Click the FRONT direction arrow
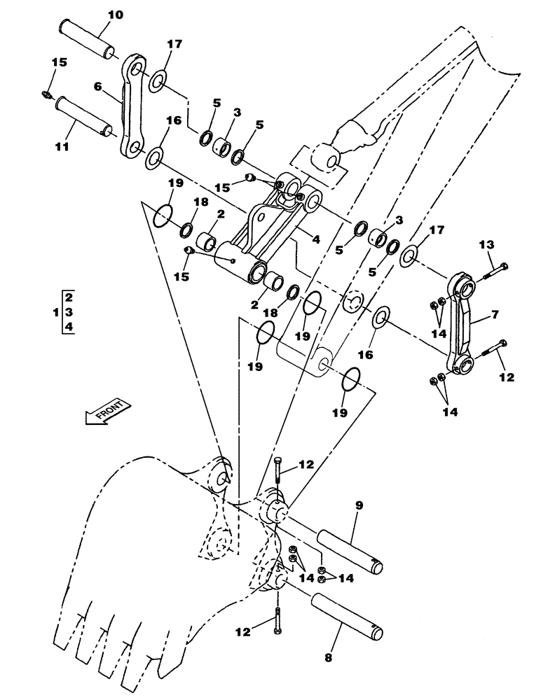104,412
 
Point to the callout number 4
316,239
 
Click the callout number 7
495,315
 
